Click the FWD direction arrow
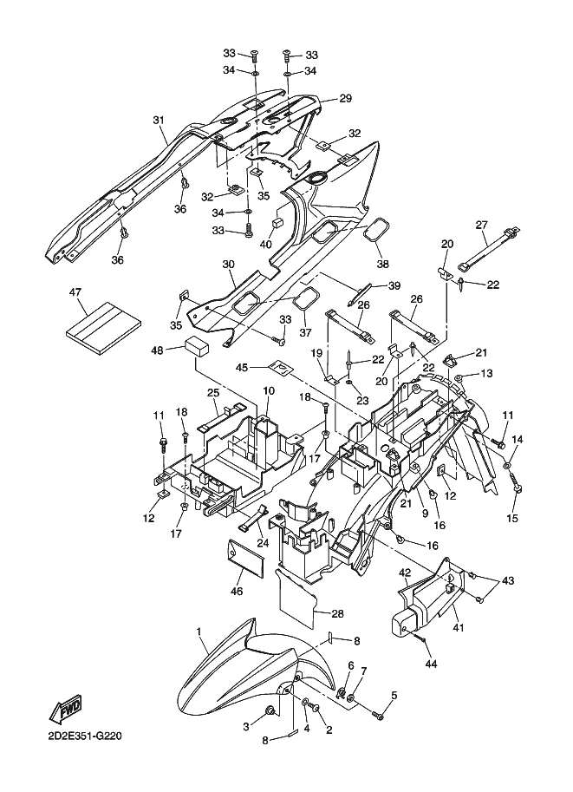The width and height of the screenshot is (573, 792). (65, 710)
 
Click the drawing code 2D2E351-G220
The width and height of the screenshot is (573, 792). (85, 736)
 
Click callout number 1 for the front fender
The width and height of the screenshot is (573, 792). (199, 632)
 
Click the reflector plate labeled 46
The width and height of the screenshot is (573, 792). (246, 558)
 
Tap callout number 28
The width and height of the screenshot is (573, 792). (338, 613)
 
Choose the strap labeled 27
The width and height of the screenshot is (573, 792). (488, 248)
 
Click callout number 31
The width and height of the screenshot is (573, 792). (159, 121)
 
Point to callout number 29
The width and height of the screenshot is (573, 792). (345, 98)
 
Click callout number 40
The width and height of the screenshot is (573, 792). (266, 244)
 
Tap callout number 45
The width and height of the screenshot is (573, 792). (242, 367)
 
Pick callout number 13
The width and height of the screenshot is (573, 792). (486, 373)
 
